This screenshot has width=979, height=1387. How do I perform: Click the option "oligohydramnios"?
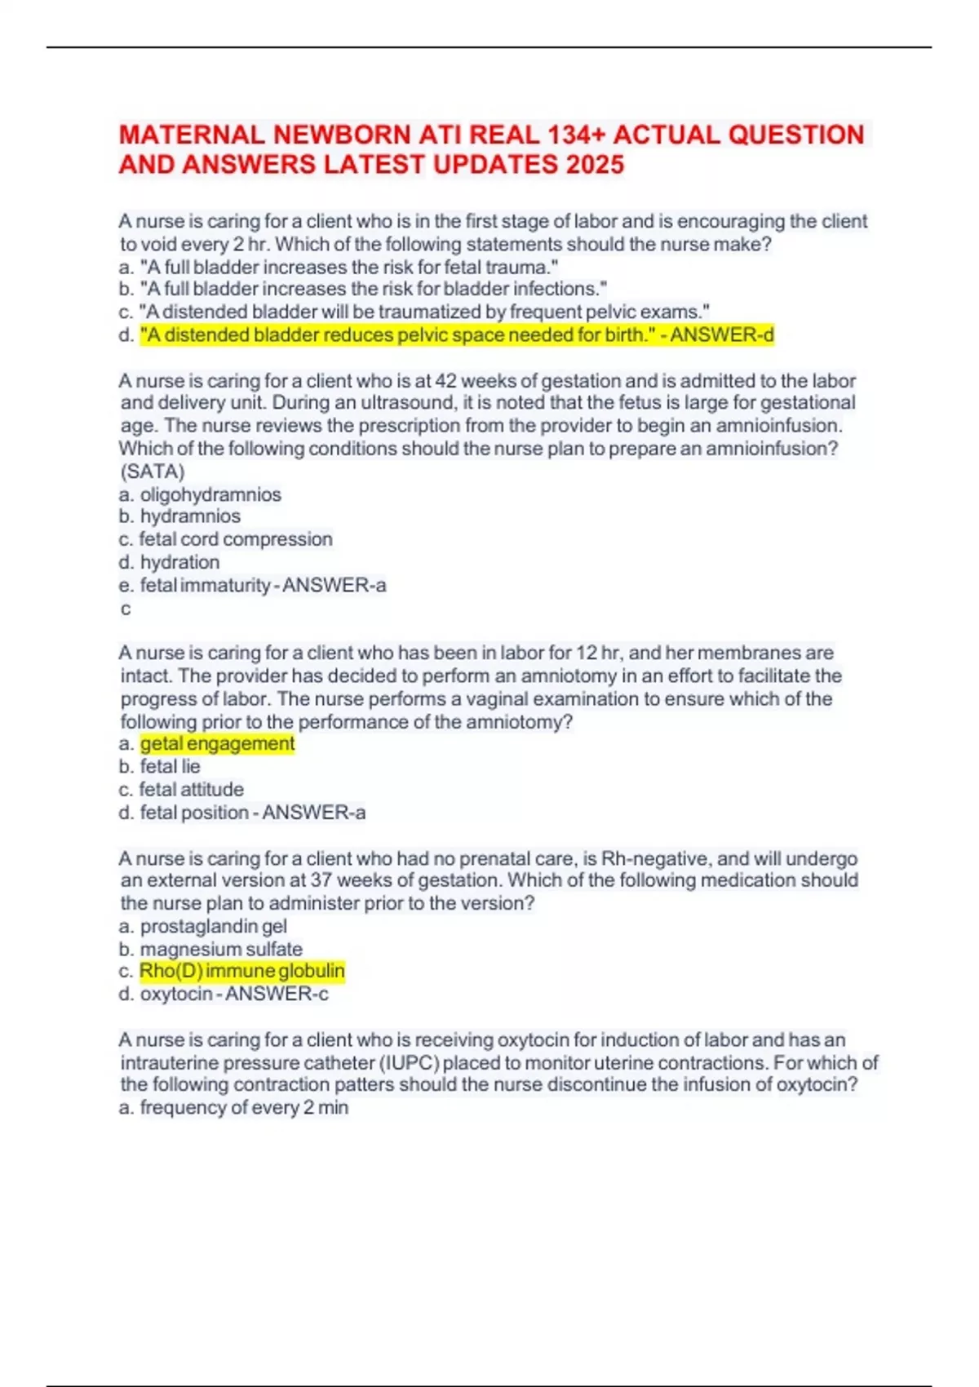pos(210,494)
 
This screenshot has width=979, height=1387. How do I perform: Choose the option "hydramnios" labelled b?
pos(190,516)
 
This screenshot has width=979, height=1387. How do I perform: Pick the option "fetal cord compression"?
pos(236,539)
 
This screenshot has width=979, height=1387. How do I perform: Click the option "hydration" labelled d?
pos(179,562)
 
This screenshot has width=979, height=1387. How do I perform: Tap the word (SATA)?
pos(153,472)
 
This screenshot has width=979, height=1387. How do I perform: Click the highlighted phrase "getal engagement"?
pos(217,743)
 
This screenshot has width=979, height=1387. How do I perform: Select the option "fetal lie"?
pos(170,766)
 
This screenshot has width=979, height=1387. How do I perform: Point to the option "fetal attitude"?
pos(191,789)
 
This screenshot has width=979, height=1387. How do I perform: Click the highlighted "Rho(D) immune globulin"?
pos(242,971)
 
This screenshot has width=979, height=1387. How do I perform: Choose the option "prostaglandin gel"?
pos(213,926)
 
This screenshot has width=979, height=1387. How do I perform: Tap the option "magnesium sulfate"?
pos(221,949)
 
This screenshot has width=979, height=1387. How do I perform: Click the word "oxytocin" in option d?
pos(176,994)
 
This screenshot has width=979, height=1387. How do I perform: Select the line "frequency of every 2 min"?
pos(244,1107)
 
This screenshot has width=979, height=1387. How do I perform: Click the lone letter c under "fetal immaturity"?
pos(126,609)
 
